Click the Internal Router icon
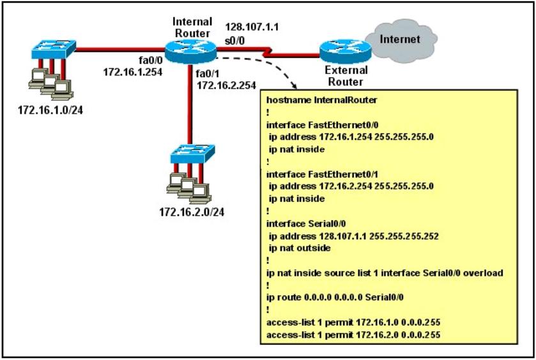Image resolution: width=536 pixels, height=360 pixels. (190, 51)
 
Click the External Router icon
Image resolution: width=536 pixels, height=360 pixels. (345, 51)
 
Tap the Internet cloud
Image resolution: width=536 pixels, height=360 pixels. (401, 41)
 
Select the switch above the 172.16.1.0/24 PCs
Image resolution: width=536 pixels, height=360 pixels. (54, 50)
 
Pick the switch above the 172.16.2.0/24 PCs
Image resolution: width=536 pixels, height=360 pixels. (192, 154)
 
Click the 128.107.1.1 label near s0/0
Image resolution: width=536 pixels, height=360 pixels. (252, 27)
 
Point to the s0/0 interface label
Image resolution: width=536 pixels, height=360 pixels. (234, 41)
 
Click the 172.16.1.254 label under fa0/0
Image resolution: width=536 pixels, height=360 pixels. (133, 72)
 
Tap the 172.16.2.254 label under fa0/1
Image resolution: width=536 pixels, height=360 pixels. (226, 86)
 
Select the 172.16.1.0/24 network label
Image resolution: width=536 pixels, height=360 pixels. (50, 110)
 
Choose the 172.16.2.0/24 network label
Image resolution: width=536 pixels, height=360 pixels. (192, 212)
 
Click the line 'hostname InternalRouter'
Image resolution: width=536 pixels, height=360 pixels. (322, 100)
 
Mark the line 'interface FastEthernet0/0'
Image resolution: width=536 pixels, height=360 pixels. (323, 125)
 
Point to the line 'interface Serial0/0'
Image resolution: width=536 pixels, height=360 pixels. (306, 223)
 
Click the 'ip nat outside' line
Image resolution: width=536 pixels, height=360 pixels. (300, 248)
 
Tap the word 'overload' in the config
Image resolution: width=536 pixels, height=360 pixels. (484, 273)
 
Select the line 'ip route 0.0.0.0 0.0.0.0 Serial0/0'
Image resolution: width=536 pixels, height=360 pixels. (335, 297)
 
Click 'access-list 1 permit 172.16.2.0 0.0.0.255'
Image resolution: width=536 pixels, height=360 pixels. (353, 334)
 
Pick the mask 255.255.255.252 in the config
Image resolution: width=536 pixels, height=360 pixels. (404, 236)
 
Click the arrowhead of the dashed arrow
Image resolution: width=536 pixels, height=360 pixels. (293, 86)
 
